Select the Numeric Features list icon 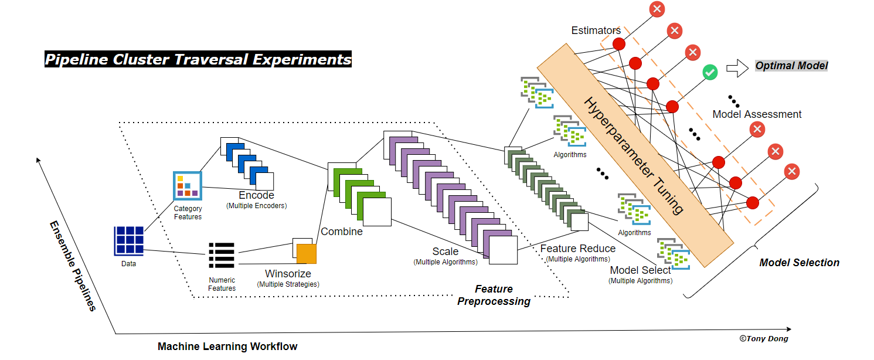point(222,256)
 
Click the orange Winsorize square point(306,253)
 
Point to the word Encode point(256,195)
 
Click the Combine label point(342,232)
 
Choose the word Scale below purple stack point(445,252)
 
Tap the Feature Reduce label point(578,249)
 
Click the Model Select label point(640,270)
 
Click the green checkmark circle point(710,73)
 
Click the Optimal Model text point(791,66)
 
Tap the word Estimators point(596,30)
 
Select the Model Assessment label point(757,114)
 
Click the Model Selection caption point(799,263)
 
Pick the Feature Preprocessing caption point(494,295)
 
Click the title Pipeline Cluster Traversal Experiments point(198,59)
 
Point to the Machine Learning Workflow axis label point(227,347)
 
